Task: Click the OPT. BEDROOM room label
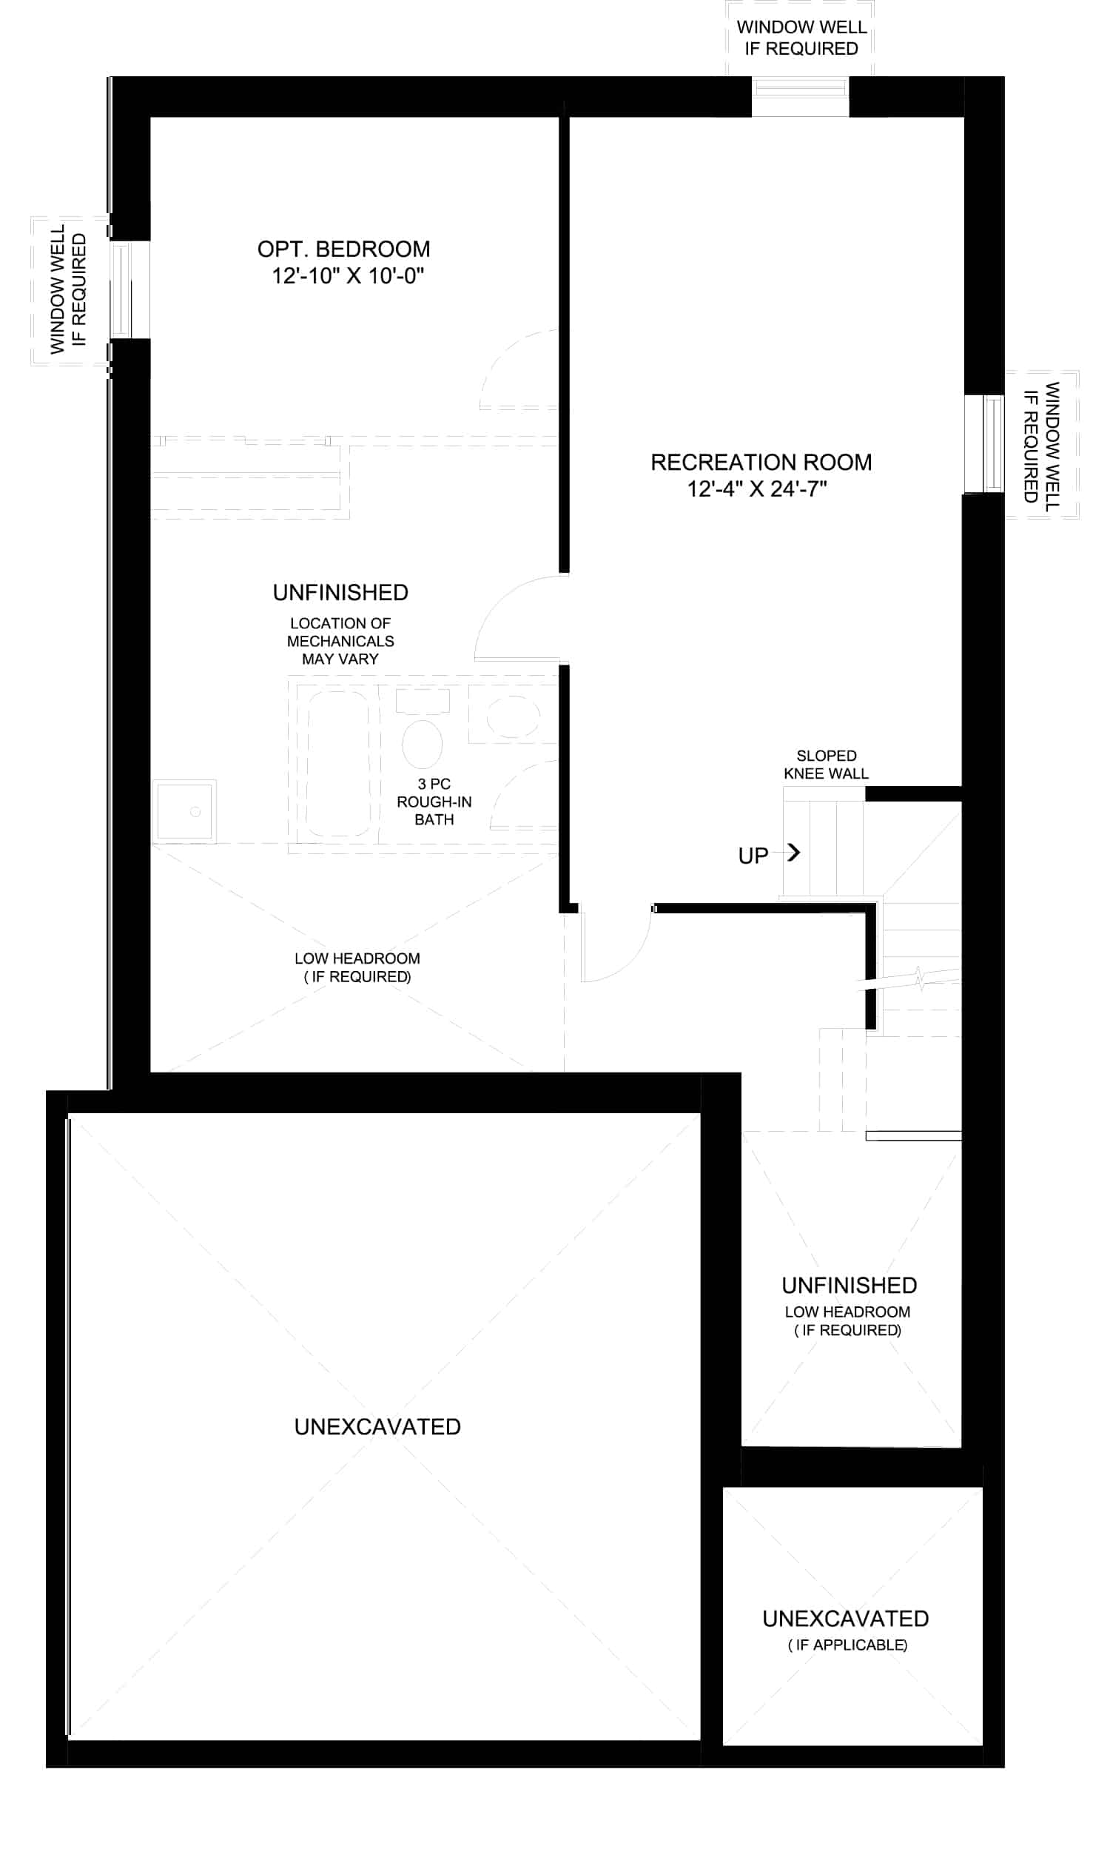[x=343, y=249]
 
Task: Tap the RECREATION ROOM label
[x=761, y=462]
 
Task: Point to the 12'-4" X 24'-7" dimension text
[x=757, y=489]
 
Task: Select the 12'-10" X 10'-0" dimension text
[x=347, y=276]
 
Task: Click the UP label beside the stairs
[x=753, y=856]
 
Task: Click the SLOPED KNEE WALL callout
[x=827, y=765]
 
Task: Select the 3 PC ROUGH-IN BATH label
[x=434, y=802]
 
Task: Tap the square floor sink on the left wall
[x=185, y=811]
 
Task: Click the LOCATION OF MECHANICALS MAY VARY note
[x=340, y=641]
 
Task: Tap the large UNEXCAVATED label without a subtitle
[x=377, y=1427]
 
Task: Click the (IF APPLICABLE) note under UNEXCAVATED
[x=847, y=1645]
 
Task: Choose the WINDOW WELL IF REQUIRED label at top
[x=802, y=38]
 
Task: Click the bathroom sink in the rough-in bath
[x=513, y=716]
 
